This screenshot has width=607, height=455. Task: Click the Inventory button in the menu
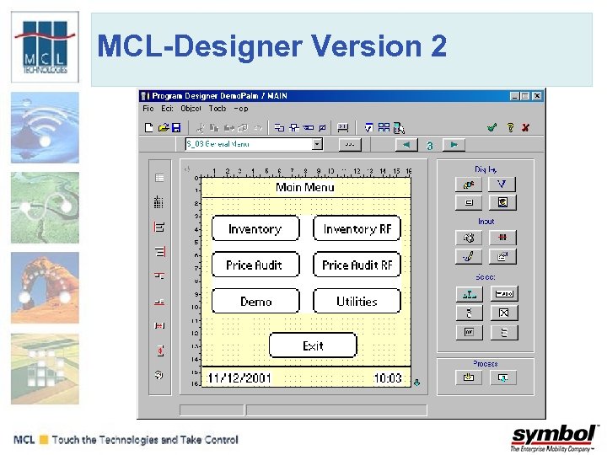click(255, 229)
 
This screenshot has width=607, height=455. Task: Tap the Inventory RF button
click(357, 229)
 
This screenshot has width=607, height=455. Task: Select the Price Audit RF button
click(357, 265)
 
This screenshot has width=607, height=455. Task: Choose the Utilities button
click(357, 301)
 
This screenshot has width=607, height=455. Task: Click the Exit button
click(313, 345)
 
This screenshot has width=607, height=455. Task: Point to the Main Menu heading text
click(305, 187)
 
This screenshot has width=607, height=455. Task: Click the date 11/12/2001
click(239, 378)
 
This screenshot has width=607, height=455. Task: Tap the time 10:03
click(387, 378)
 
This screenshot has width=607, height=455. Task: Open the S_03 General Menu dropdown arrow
click(317, 144)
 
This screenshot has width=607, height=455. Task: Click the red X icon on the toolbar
click(525, 127)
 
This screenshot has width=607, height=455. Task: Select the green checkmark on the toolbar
click(492, 127)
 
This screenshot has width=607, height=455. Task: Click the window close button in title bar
click(537, 96)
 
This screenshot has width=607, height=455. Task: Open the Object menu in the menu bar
click(191, 109)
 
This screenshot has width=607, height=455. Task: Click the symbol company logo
click(554, 437)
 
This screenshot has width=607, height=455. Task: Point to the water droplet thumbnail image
click(45, 127)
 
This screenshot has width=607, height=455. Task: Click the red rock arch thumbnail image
click(45, 287)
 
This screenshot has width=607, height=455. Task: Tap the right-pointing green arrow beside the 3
click(454, 145)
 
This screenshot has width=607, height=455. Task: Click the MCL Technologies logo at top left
click(45, 46)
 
